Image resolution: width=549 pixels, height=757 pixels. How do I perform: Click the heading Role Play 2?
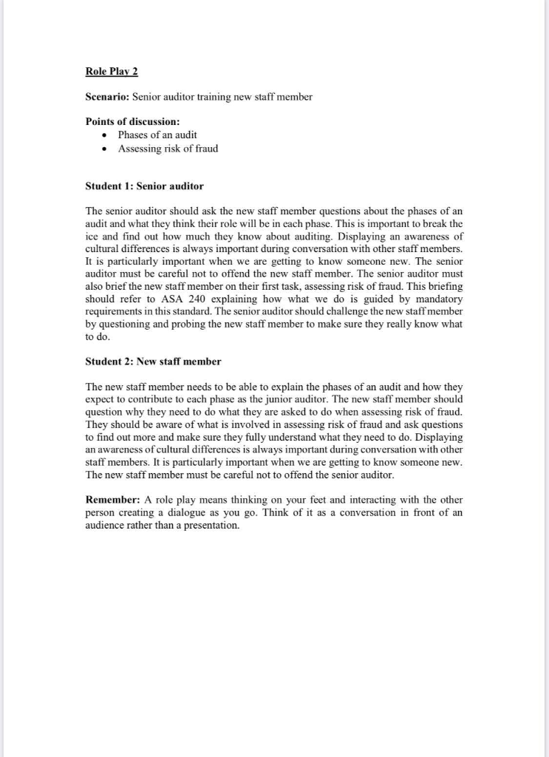pyautogui.click(x=112, y=71)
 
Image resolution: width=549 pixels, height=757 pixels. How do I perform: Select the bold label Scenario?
pyautogui.click(x=108, y=97)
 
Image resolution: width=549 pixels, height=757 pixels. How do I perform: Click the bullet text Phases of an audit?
pyautogui.click(x=157, y=135)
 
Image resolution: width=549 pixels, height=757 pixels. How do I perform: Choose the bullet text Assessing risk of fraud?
pyautogui.click(x=168, y=148)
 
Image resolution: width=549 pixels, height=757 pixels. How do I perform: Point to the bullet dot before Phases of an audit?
pyautogui.click(x=106, y=135)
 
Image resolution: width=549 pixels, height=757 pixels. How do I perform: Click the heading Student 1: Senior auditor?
pyautogui.click(x=144, y=186)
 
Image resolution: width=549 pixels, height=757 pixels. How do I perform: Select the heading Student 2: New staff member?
pyautogui.click(x=153, y=361)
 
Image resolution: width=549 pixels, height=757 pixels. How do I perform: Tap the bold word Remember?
pyautogui.click(x=109, y=499)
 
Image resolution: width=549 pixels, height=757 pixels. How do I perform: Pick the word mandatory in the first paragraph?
pyautogui.click(x=436, y=299)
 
